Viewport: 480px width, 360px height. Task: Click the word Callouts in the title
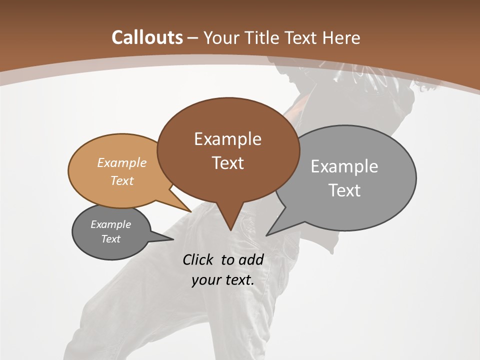(147, 37)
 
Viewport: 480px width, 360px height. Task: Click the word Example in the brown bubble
(227, 138)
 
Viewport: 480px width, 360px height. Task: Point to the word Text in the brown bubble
(227, 162)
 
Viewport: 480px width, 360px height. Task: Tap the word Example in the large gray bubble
(344, 166)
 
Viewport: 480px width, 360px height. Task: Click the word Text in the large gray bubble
(344, 190)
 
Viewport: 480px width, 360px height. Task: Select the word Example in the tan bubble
(122, 162)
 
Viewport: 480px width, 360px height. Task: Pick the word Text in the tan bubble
(122, 180)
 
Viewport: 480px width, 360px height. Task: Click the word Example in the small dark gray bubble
(110, 224)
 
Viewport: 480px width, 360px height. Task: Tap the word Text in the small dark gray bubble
(110, 239)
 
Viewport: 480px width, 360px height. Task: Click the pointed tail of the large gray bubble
(268, 234)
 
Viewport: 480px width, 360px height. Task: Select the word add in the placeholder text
(250, 259)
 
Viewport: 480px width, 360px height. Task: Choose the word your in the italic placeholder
(205, 280)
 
